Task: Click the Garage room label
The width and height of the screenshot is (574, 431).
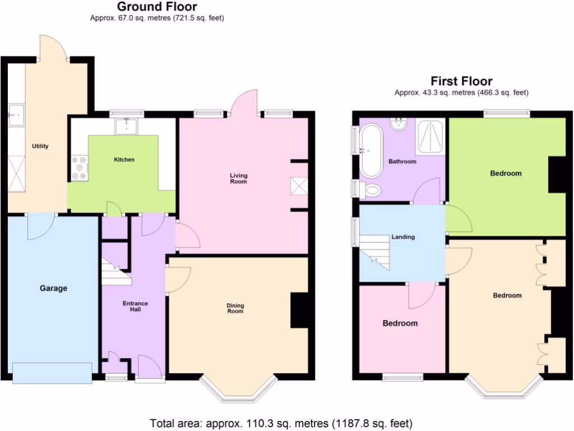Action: click(53, 288)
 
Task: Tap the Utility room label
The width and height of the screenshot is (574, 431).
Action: click(40, 146)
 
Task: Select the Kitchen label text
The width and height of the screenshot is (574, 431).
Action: click(124, 160)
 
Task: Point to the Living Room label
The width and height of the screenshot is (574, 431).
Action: click(238, 178)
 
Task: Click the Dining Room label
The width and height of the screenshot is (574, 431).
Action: click(235, 308)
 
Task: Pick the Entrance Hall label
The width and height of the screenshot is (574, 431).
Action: click(135, 306)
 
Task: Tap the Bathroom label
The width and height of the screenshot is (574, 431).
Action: click(402, 162)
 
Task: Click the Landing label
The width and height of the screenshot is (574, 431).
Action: click(403, 237)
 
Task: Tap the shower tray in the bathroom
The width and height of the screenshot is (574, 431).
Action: click(430, 137)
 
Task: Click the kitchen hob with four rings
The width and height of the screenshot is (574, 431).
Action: click(79, 167)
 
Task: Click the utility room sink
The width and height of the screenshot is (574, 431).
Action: click(16, 117)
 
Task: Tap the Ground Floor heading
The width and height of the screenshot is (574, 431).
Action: click(156, 7)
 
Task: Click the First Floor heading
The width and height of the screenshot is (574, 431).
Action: click(461, 81)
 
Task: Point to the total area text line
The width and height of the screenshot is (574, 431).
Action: click(281, 423)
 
